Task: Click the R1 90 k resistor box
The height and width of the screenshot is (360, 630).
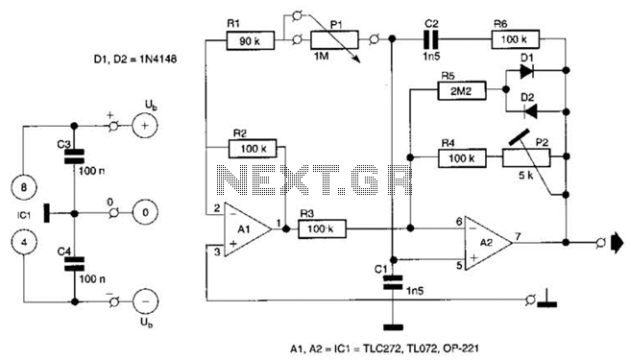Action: (x=251, y=40)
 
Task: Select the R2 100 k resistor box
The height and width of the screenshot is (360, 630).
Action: (x=253, y=148)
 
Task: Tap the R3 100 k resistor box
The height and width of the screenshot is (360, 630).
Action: (x=322, y=228)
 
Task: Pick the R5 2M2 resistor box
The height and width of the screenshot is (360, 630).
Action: (x=462, y=91)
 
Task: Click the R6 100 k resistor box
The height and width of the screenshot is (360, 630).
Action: (x=516, y=39)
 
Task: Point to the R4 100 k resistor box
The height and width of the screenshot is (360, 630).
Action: (x=462, y=157)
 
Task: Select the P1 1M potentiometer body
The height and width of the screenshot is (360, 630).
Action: (x=334, y=39)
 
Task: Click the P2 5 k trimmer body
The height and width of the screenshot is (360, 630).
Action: (x=526, y=157)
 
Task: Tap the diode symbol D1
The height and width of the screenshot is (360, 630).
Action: (x=527, y=71)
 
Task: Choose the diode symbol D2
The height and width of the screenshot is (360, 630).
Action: (x=530, y=111)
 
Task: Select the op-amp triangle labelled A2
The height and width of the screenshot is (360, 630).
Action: (x=489, y=243)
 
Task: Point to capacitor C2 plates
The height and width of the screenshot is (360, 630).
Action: (x=432, y=39)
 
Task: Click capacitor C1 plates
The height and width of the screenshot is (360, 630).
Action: (x=393, y=282)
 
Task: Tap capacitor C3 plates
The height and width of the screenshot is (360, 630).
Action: (x=74, y=156)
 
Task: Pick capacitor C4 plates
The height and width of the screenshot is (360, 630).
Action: (x=74, y=264)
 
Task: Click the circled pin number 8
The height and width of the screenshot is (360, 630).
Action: (x=24, y=187)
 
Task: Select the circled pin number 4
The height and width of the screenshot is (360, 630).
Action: (x=24, y=242)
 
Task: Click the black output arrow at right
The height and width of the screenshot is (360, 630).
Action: (x=618, y=243)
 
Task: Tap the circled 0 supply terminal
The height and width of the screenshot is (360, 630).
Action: (x=145, y=212)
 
